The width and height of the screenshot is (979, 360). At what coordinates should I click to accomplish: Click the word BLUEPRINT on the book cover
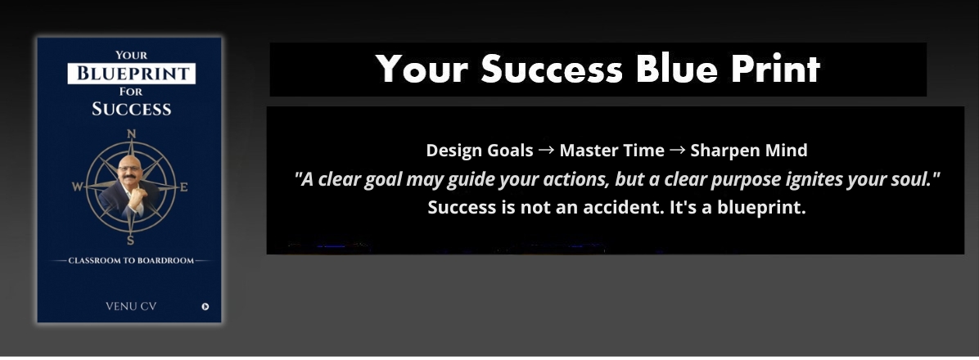tap(132, 74)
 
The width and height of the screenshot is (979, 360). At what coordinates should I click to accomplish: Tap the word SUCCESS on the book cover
tap(131, 109)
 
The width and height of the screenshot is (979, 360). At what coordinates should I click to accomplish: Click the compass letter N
tap(131, 133)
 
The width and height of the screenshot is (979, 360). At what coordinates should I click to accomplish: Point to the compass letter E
tap(183, 187)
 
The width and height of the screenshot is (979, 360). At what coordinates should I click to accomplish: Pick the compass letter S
tap(130, 241)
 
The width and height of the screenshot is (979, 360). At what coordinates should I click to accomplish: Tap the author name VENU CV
tap(131, 306)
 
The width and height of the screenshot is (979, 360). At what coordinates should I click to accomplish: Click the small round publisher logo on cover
tap(205, 306)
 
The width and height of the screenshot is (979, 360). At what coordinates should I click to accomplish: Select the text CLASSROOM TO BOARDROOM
tap(131, 261)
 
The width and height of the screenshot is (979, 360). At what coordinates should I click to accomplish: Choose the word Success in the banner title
tap(552, 69)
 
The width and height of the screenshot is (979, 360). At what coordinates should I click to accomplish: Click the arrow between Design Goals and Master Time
tap(546, 151)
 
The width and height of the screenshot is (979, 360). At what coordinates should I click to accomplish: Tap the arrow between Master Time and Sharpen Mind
tap(678, 151)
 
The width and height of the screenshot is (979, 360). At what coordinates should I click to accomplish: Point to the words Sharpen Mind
tap(749, 151)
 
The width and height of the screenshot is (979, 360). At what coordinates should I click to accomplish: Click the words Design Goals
tap(480, 151)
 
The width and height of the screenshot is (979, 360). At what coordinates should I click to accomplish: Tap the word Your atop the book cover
tap(131, 55)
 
